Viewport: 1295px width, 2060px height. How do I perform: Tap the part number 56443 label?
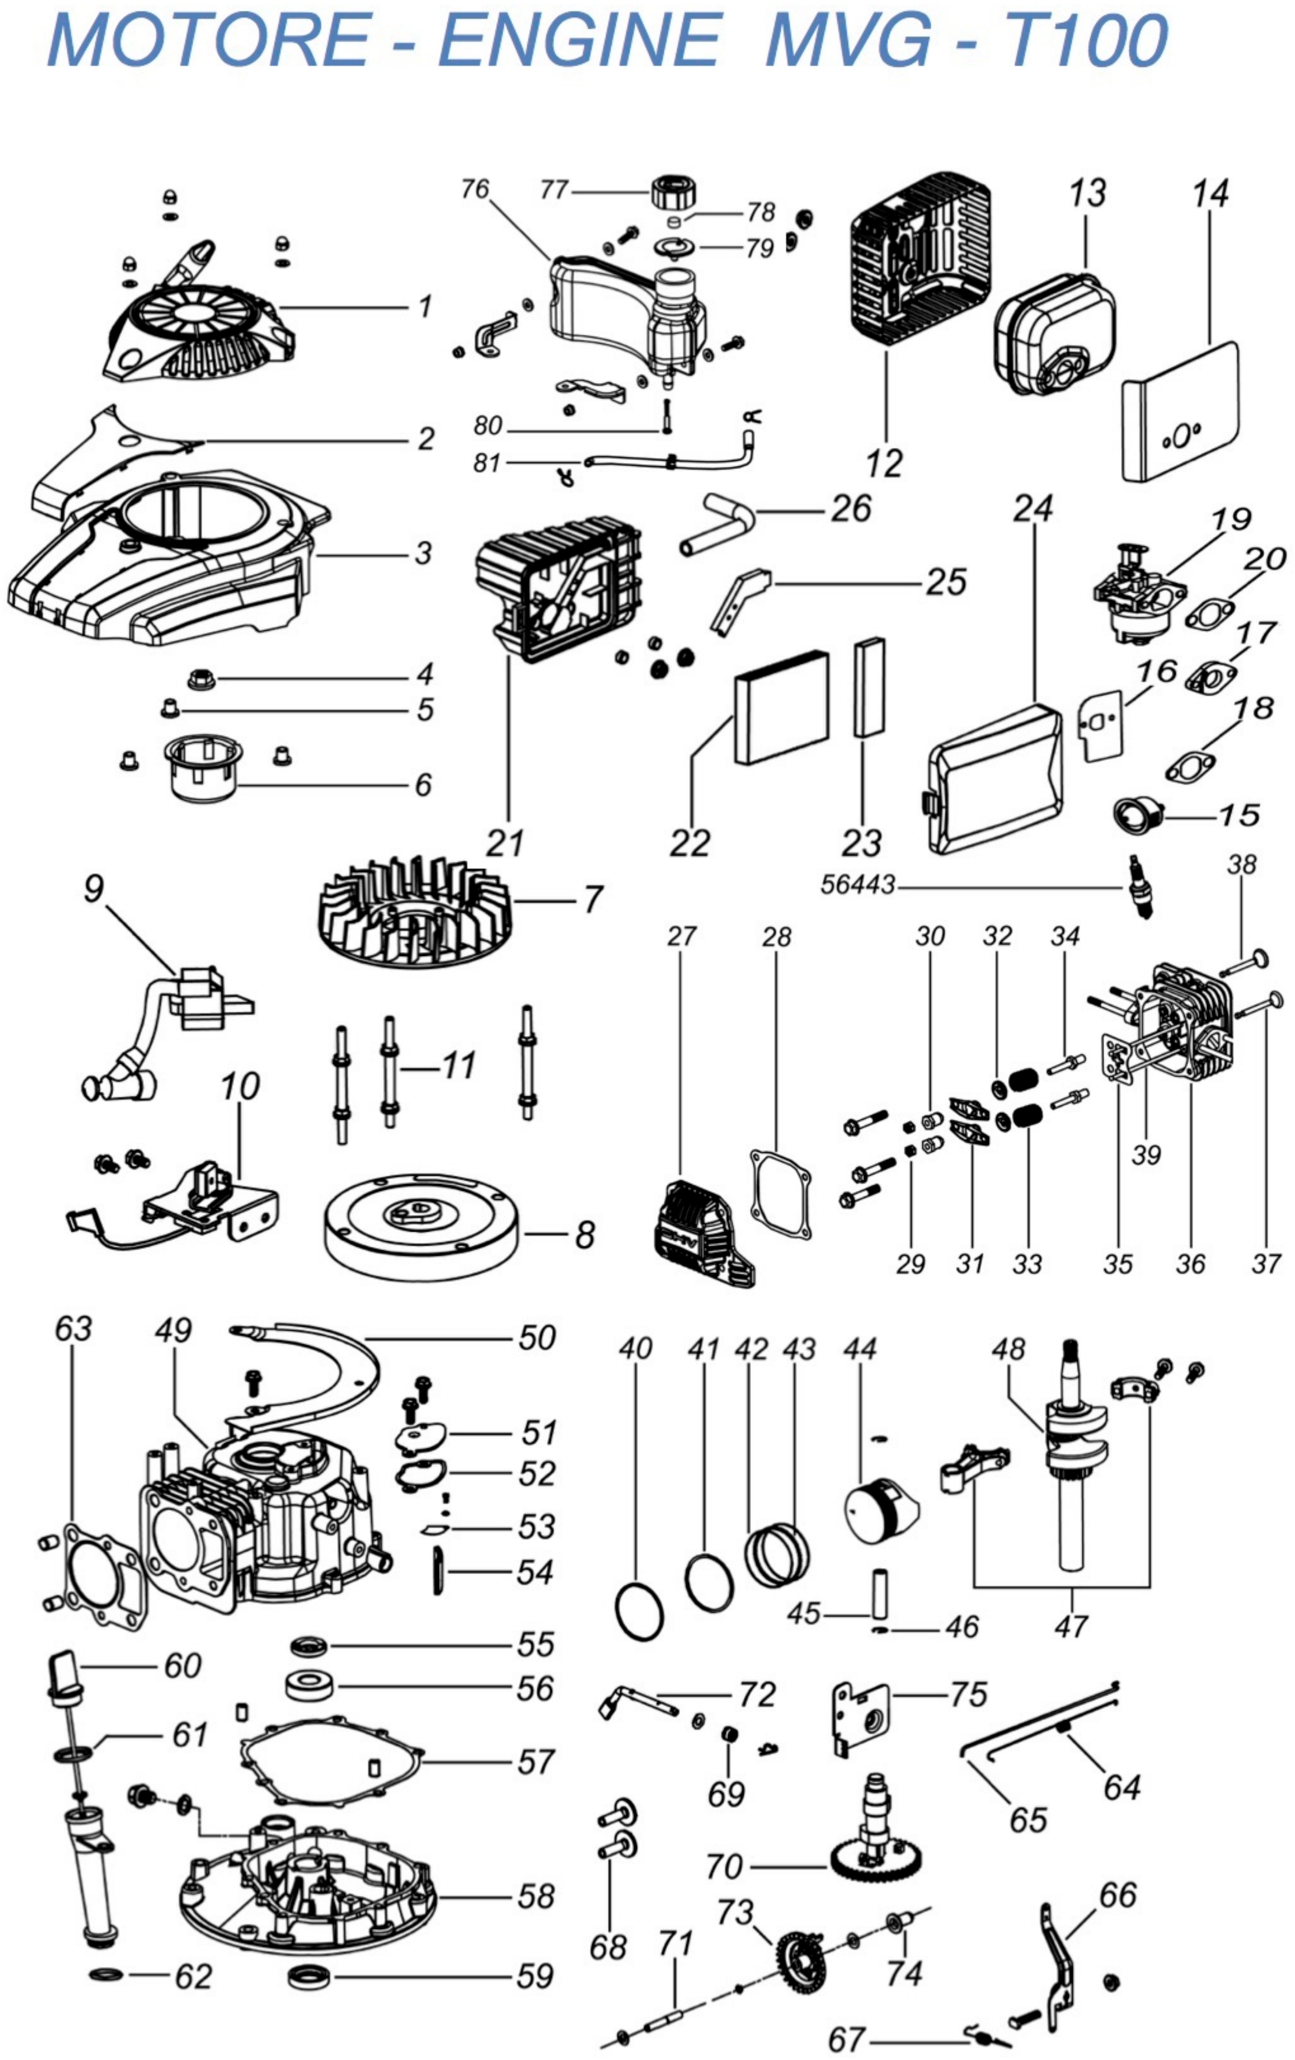(x=857, y=884)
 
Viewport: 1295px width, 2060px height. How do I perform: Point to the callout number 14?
(x=1210, y=194)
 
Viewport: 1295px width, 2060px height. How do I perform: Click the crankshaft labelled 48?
(x=1071, y=1471)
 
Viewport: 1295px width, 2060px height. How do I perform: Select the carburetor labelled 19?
(x=1133, y=596)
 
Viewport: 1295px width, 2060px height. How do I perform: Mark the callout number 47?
(x=1071, y=1625)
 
